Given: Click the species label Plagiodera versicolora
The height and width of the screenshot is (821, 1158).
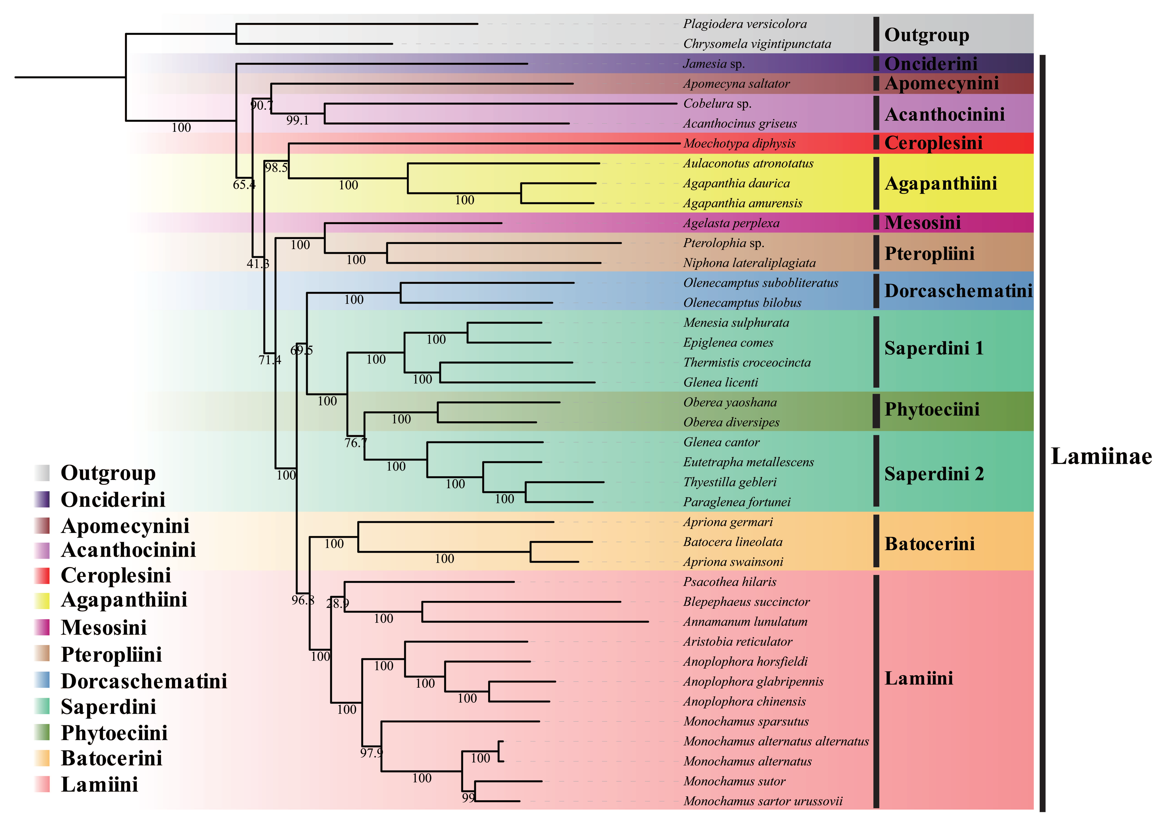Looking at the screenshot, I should [x=744, y=24].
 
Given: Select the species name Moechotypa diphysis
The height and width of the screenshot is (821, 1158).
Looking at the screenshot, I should [x=739, y=144].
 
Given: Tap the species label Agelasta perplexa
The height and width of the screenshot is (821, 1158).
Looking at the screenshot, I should [x=731, y=223].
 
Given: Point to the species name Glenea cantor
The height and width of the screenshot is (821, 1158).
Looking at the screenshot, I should [x=721, y=442].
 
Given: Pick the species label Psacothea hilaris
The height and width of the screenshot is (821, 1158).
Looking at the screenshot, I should [x=729, y=582].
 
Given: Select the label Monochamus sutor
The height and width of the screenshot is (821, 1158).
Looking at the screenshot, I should [x=734, y=781].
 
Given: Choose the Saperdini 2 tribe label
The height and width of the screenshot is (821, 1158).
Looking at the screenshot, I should [x=933, y=474].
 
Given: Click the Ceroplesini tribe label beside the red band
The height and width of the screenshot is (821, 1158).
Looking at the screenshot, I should [x=933, y=143].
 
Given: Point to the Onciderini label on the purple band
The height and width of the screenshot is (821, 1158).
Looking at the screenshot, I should [x=931, y=64].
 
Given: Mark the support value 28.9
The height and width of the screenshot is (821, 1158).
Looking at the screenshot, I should [x=337, y=603].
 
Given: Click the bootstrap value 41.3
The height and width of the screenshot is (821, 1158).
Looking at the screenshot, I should [x=258, y=263].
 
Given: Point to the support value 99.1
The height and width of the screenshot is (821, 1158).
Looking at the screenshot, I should [x=297, y=120].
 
